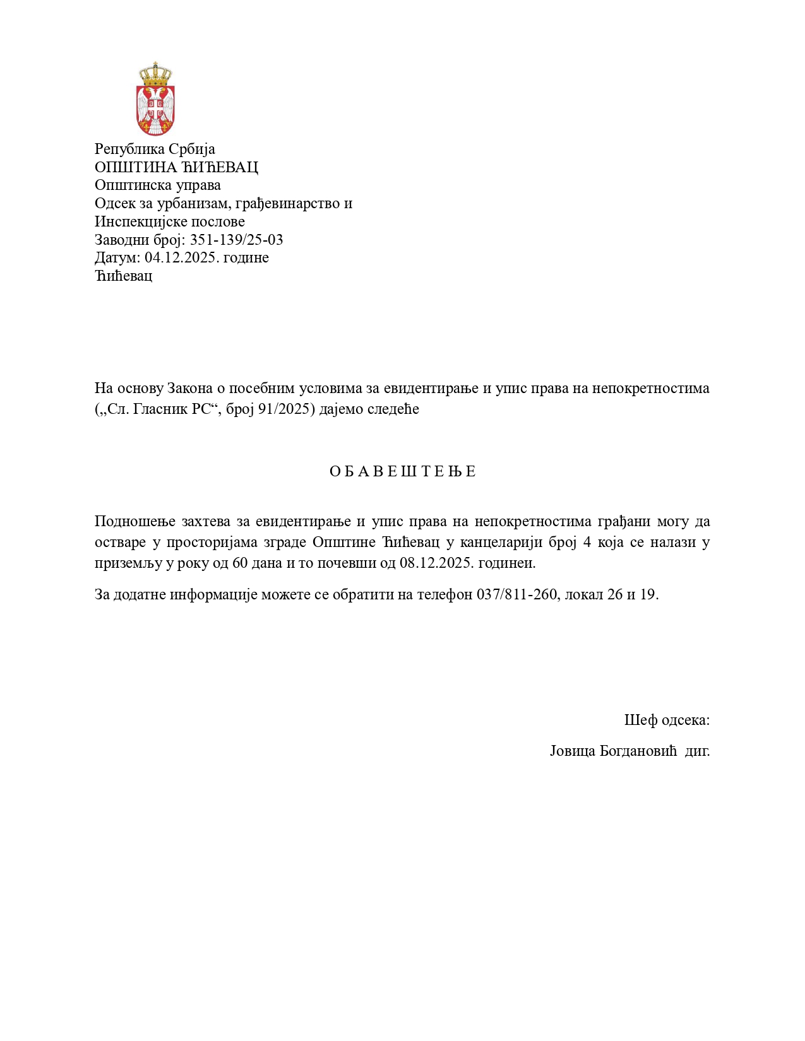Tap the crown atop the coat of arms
155,74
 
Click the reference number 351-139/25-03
236,240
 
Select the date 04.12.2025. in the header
179,258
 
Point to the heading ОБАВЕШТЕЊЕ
402,472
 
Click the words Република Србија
155,149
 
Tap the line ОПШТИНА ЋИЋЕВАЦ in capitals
176,167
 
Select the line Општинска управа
158,185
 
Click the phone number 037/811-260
517,594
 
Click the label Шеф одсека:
667,720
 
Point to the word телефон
444,594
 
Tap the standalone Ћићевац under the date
123,276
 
